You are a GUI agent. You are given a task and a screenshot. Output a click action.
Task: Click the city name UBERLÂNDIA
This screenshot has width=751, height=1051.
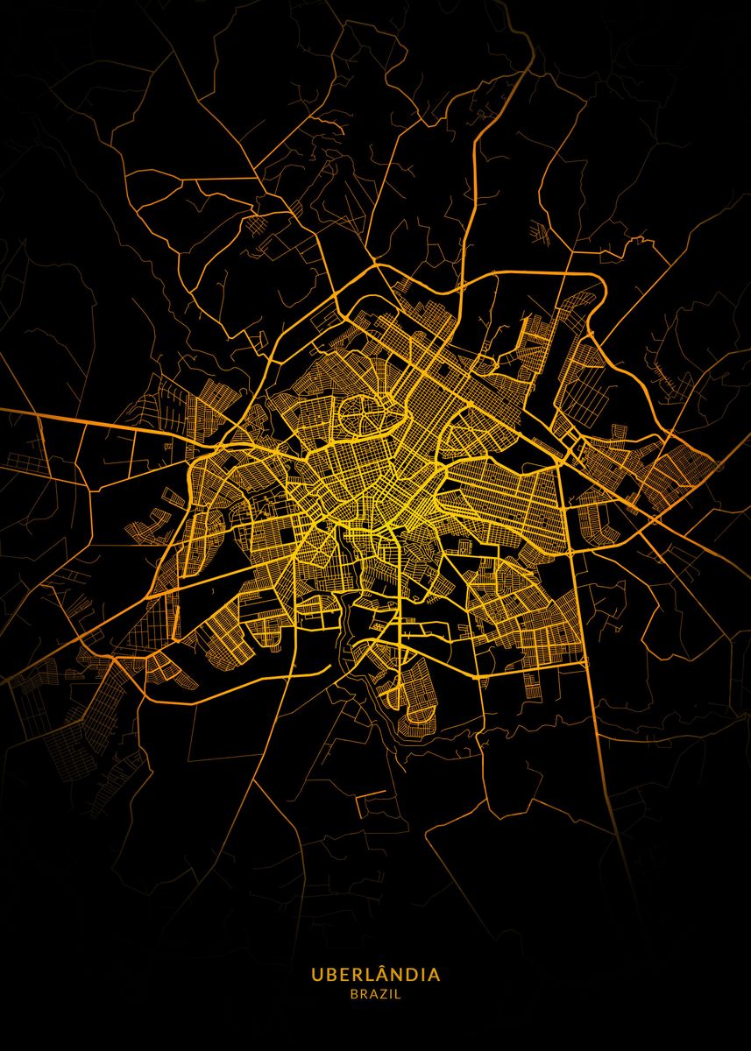point(375,975)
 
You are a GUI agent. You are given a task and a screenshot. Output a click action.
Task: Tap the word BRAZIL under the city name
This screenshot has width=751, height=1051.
point(375,994)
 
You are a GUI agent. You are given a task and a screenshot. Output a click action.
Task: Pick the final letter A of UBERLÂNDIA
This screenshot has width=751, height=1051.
point(435,975)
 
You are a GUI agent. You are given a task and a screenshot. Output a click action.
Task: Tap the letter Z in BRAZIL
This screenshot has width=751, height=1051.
point(384,994)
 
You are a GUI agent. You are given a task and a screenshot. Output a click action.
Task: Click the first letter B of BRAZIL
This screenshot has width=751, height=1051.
point(353,994)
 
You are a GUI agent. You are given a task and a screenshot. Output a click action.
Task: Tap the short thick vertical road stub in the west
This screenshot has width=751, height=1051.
point(176,623)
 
